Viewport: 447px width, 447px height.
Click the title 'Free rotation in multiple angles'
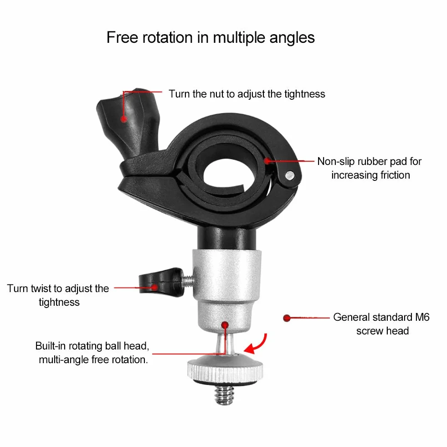click(211, 38)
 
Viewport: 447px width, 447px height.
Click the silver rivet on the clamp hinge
click(290, 175)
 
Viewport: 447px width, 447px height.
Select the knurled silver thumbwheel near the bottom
click(225, 369)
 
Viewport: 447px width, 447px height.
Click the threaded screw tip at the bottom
click(225, 395)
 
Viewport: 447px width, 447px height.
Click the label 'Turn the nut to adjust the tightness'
click(247, 94)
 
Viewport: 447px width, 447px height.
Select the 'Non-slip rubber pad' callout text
click(370, 168)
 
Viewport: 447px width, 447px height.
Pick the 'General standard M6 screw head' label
click(381, 324)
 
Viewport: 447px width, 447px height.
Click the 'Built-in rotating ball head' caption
click(92, 353)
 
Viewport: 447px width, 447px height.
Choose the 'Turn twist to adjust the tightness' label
click(58, 295)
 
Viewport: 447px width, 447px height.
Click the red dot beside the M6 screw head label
click(287, 318)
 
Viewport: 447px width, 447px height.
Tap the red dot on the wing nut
click(123, 118)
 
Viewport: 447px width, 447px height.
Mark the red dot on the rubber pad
click(267, 161)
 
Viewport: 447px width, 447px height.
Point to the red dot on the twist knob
click(154, 287)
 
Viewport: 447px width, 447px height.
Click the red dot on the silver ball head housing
click(225, 325)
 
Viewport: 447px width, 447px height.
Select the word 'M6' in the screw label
click(422, 317)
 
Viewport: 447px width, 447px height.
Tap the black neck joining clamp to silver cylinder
click(226, 238)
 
